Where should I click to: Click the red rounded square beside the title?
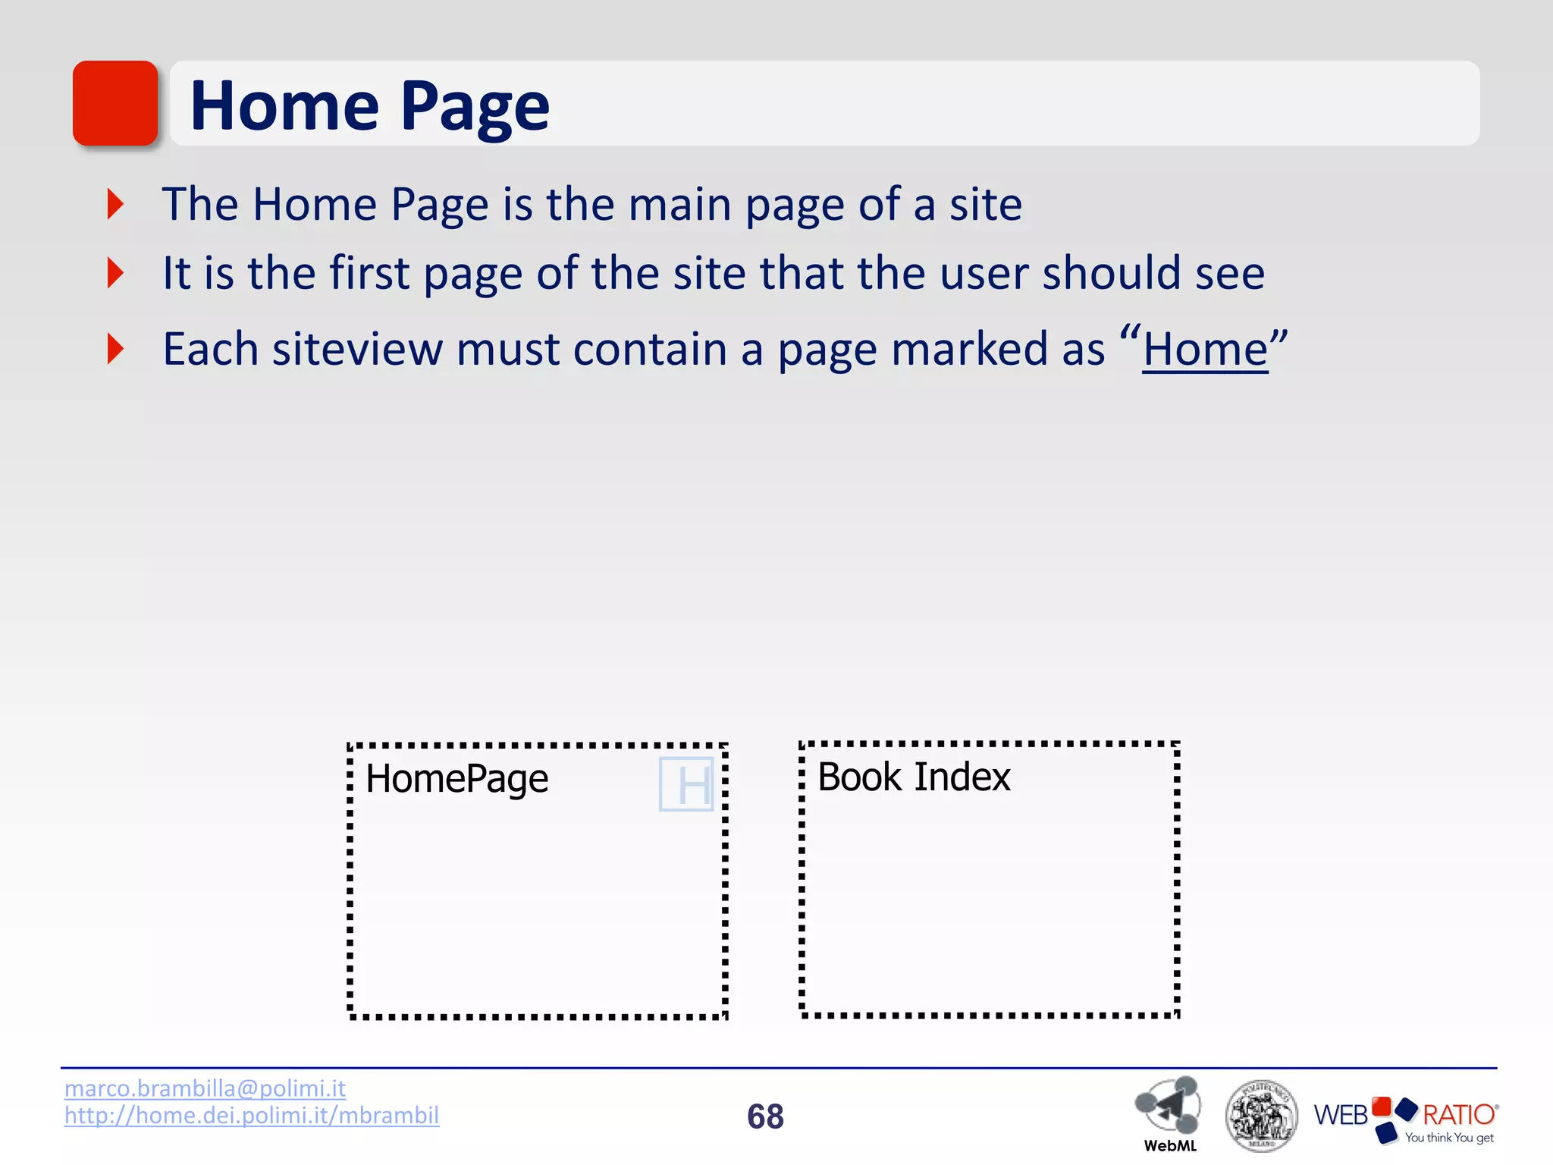[x=115, y=103]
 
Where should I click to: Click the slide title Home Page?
[x=370, y=106]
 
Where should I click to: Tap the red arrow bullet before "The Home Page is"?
[x=115, y=204]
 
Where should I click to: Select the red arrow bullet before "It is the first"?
[x=115, y=273]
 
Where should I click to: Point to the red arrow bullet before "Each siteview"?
[x=115, y=349]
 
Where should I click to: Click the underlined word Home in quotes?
[x=1205, y=350]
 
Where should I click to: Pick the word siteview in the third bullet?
[x=356, y=350]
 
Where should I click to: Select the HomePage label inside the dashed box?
[x=456, y=779]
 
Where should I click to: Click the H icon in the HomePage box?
[x=687, y=784]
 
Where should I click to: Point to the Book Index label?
[x=914, y=777]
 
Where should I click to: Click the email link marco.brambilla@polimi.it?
[x=205, y=1088]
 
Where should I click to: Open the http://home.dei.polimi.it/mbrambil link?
[x=252, y=1116]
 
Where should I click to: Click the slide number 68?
[x=765, y=1116]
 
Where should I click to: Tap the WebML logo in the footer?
[x=1169, y=1112]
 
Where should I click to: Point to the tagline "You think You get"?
[x=1449, y=1138]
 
